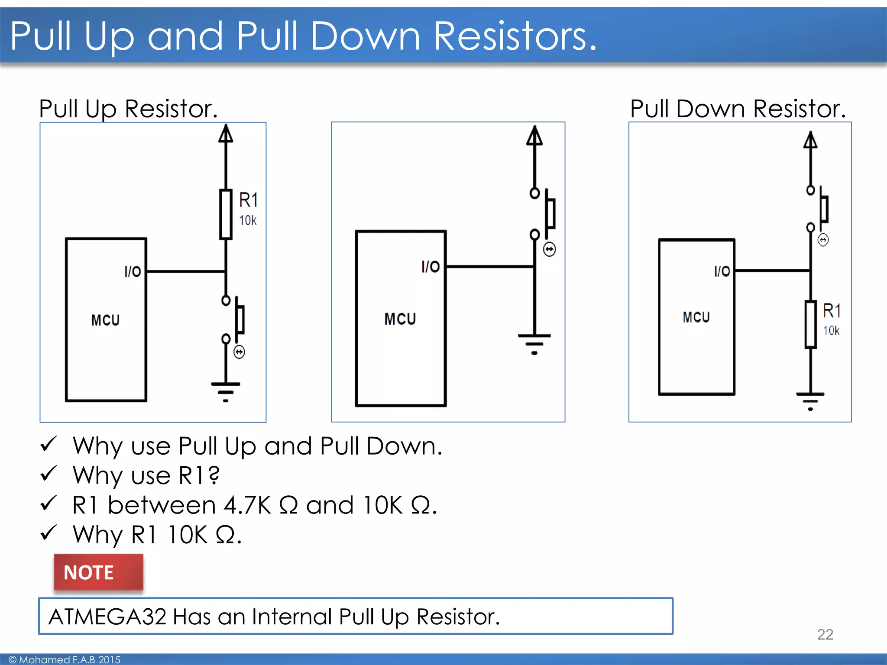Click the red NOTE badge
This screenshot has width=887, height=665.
click(98, 572)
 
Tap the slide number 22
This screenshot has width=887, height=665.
click(825, 634)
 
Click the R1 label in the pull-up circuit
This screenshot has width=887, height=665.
click(249, 200)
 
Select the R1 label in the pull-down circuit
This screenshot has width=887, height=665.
click(832, 311)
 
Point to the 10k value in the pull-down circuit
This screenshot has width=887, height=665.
click(831, 331)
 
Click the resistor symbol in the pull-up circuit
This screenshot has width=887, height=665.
click(226, 214)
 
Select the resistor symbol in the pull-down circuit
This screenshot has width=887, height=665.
click(810, 325)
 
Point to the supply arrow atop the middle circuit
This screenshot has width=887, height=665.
click(534, 136)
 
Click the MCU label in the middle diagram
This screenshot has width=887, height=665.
click(400, 319)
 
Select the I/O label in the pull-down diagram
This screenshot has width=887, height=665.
click(722, 271)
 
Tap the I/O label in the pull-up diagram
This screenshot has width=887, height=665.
click(133, 271)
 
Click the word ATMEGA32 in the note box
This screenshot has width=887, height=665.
click(107, 617)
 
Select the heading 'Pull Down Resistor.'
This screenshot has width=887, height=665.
click(738, 109)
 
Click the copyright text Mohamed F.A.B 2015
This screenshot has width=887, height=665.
click(65, 659)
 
